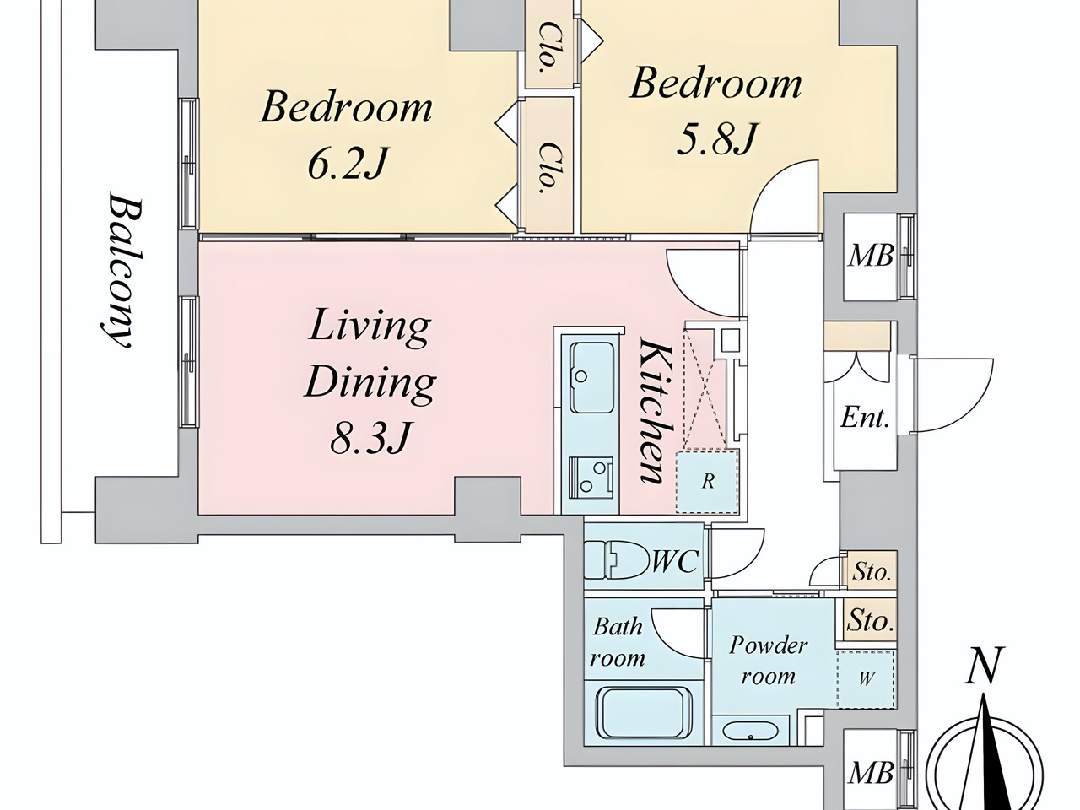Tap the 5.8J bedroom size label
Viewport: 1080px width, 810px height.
click(715, 138)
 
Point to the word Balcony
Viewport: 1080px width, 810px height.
click(120, 270)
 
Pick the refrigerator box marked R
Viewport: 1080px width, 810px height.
click(707, 482)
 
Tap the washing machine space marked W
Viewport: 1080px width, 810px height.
click(866, 679)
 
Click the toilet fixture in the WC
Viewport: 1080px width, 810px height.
click(616, 559)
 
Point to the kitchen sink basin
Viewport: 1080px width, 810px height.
click(592, 378)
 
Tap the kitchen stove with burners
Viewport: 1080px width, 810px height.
click(591, 477)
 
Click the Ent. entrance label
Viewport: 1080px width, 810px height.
click(865, 418)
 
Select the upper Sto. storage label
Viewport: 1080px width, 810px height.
click(872, 572)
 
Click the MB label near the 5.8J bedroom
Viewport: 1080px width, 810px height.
click(871, 256)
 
